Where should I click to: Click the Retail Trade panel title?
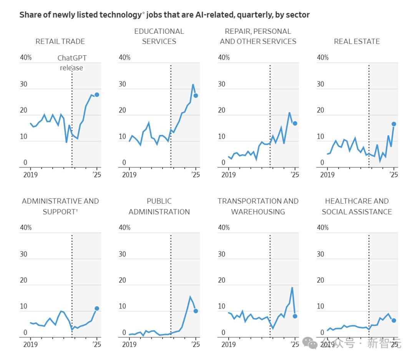[x=60, y=41]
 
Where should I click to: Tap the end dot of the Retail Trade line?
[x=97, y=95]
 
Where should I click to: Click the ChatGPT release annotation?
[x=72, y=63]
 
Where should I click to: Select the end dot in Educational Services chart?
[x=196, y=96]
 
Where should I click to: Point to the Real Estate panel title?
[x=357, y=41]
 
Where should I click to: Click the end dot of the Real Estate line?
[x=394, y=124]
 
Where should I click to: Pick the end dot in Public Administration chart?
[x=196, y=311]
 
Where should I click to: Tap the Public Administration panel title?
[x=159, y=206]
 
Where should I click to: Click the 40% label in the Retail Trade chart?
[x=26, y=58]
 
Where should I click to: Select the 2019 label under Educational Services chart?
[x=129, y=175]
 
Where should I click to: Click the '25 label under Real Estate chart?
[x=393, y=175]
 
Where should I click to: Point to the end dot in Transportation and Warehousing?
[x=295, y=316]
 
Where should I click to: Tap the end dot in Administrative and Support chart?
[x=97, y=309]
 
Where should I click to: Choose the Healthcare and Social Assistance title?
[x=357, y=206]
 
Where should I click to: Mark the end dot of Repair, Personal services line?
[x=295, y=123]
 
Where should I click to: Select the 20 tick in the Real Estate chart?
[x=320, y=110]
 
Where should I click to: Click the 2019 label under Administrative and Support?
[x=30, y=345]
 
